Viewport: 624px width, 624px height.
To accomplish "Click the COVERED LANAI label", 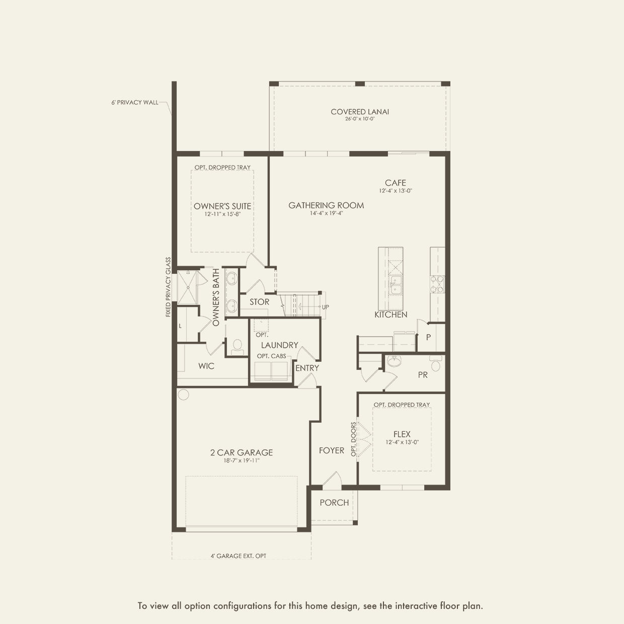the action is click(360, 112).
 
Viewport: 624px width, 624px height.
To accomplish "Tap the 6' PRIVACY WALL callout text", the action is click(135, 102).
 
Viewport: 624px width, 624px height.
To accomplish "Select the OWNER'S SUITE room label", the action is click(222, 206).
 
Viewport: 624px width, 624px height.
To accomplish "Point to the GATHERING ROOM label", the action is click(326, 205).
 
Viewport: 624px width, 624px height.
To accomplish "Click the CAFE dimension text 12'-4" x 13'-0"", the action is click(396, 191).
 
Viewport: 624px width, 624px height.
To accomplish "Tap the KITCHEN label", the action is click(391, 315).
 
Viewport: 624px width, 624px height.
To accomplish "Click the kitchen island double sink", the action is click(395, 285).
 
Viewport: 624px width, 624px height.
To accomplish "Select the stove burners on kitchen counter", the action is click(437, 284).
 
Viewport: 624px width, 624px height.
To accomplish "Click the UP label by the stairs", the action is click(326, 307).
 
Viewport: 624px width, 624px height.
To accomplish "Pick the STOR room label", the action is click(259, 302).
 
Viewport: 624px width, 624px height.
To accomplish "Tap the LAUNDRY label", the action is click(279, 345).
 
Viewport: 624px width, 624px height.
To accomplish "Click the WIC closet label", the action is click(206, 366).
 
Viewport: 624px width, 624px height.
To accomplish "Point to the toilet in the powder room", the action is click(435, 364).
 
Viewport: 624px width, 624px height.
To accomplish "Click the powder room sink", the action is click(394, 361).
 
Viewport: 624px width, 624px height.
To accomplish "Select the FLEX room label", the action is click(402, 434).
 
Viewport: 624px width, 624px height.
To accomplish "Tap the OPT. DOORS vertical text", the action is click(353, 439).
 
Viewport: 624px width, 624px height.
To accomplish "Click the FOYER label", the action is click(331, 450).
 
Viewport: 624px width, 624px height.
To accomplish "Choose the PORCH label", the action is click(334, 503).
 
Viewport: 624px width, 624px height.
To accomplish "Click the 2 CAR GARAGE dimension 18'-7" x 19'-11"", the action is click(242, 460).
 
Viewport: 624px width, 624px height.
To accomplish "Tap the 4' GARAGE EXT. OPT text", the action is click(239, 556).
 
